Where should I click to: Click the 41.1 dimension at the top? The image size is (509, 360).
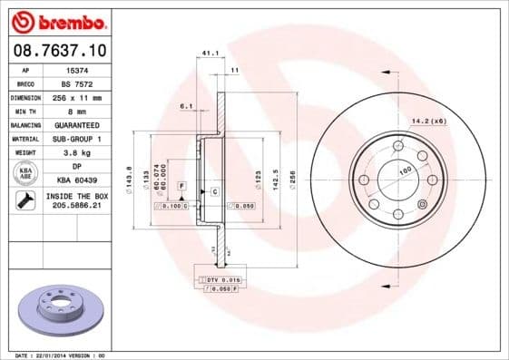[210, 54]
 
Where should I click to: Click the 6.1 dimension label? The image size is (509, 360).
[186, 106]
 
